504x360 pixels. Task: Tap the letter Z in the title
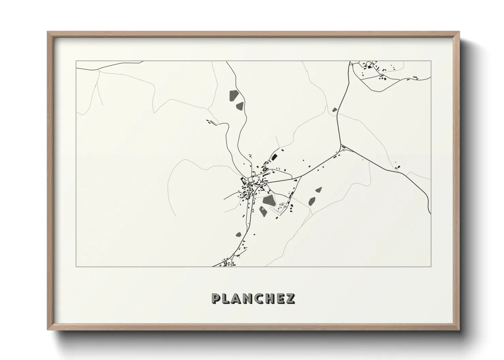(290, 298)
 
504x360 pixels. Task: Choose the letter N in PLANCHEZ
(248, 298)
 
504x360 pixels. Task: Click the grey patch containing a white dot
(263, 211)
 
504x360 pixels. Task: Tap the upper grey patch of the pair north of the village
(234, 95)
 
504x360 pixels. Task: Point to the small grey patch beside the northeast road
(334, 110)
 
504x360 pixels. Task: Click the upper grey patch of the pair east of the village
(319, 190)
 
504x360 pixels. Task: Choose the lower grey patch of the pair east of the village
(312, 201)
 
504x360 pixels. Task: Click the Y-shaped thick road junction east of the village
(341, 146)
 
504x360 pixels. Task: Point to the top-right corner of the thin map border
(431, 61)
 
